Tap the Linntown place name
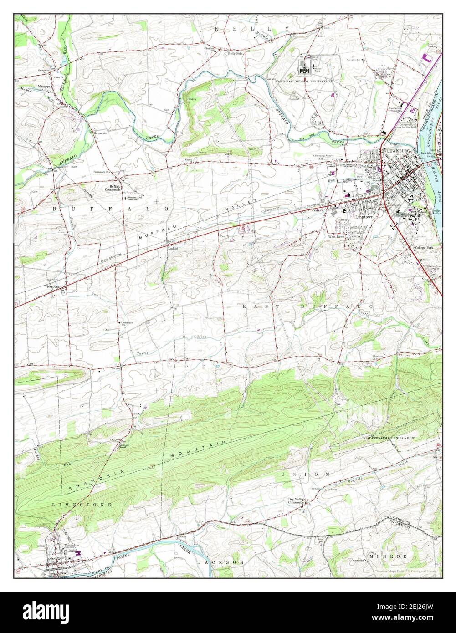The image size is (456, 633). pos(364,217)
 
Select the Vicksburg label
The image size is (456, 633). pos(52,286)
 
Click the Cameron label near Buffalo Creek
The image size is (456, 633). pos(100,133)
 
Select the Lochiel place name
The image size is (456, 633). pos(172,249)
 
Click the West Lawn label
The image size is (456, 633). pos(337,237)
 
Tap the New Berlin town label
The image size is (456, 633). pos(67,551)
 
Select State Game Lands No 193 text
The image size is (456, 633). pos(392,438)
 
